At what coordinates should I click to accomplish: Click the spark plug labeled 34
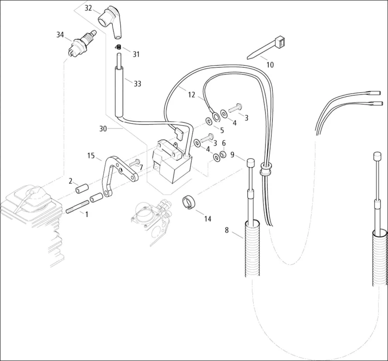click(82, 43)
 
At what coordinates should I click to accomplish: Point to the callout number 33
click(137, 84)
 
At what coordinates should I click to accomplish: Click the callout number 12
click(192, 94)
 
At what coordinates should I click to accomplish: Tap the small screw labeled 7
click(134, 163)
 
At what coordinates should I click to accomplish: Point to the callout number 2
click(71, 181)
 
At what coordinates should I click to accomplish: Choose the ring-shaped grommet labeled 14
click(189, 202)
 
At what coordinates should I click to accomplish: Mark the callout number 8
click(227, 230)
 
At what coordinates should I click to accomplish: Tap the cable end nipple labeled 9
click(250, 162)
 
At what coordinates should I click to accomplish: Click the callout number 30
click(103, 129)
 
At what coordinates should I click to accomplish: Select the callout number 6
click(224, 143)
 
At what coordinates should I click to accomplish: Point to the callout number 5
click(222, 130)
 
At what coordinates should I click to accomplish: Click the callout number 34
click(60, 35)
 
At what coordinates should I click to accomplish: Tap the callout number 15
click(91, 156)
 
